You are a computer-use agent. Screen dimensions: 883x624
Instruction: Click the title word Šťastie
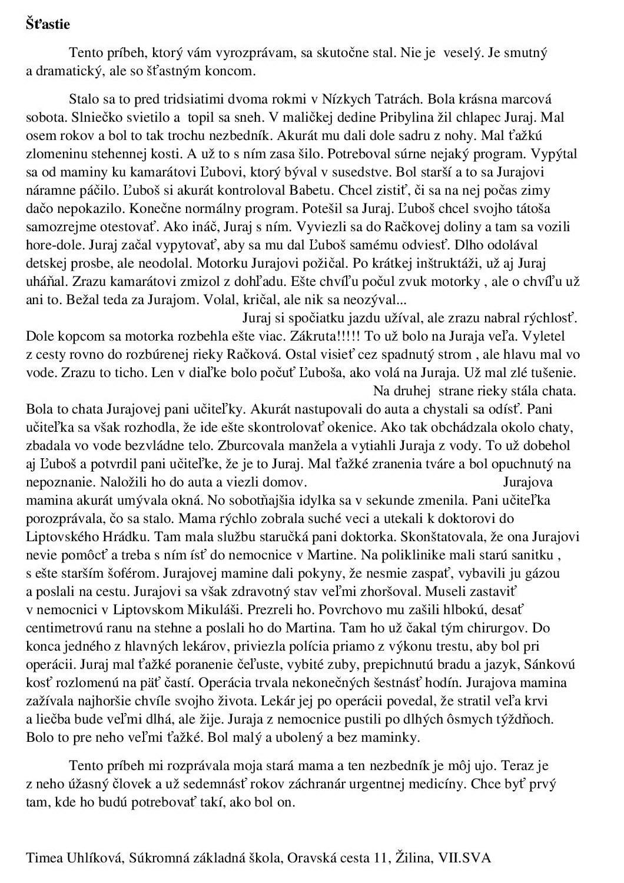coord(48,25)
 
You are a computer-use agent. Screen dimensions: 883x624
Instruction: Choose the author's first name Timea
coord(43,858)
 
